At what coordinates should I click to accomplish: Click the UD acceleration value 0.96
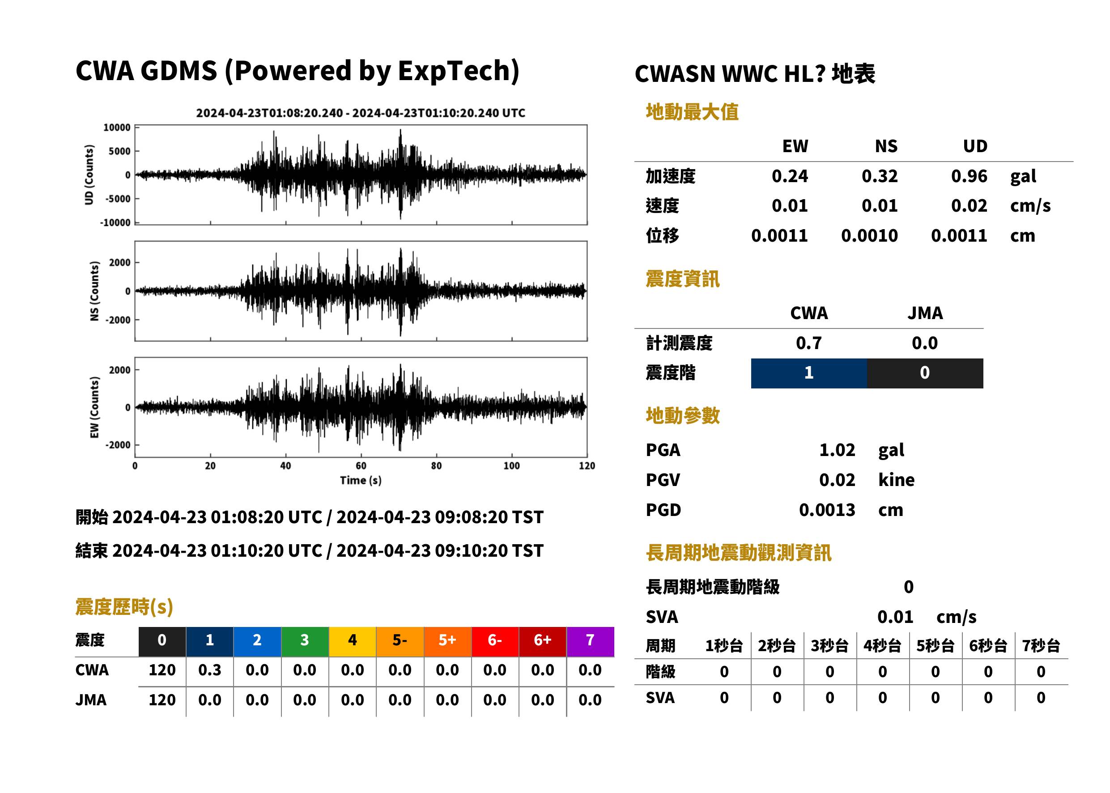(x=969, y=176)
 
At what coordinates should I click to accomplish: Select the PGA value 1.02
(x=837, y=450)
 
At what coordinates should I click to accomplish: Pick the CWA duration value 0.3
(x=209, y=670)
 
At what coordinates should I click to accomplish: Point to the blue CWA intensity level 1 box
(x=809, y=373)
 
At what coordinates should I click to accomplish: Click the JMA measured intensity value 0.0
(x=924, y=343)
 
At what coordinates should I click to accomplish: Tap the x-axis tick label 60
(x=361, y=466)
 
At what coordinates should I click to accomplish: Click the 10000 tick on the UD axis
(x=117, y=128)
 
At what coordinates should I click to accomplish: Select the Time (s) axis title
(x=361, y=480)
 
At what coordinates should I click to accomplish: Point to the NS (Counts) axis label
(x=94, y=291)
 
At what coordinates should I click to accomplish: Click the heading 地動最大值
(x=692, y=112)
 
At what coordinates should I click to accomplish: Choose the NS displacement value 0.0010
(x=869, y=235)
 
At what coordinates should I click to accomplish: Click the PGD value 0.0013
(x=827, y=510)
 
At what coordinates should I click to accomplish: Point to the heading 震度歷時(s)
(x=124, y=607)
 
